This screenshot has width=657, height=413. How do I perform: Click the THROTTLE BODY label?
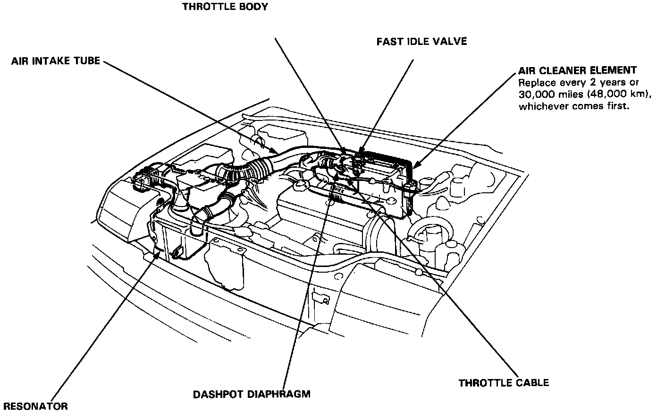(225, 7)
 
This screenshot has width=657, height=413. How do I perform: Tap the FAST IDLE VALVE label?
(421, 42)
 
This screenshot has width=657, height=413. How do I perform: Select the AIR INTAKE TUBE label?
(56, 61)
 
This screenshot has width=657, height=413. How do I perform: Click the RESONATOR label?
(35, 406)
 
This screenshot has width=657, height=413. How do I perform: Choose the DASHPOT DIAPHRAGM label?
(252, 394)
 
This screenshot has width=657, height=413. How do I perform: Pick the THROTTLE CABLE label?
(504, 382)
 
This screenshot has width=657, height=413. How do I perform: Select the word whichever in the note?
(543, 106)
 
